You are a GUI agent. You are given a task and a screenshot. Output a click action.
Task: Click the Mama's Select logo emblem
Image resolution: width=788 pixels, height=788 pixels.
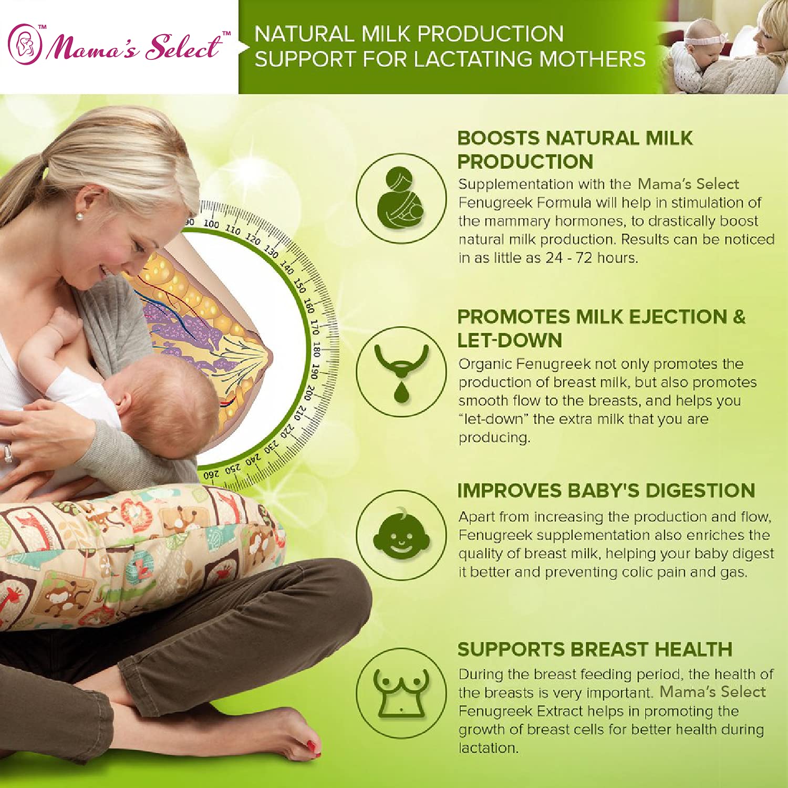point(25,44)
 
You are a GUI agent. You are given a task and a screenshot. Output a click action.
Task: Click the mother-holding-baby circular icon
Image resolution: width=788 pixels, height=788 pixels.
point(401,198)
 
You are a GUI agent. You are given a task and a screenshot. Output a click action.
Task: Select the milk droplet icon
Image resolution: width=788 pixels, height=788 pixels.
point(401,391)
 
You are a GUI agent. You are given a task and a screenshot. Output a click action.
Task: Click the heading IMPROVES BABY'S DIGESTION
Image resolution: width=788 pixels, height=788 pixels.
point(606,491)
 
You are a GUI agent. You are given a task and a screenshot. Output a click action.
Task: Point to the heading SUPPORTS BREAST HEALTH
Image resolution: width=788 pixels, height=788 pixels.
point(595,649)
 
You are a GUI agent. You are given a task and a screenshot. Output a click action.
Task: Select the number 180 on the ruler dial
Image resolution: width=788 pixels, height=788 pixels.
point(316,349)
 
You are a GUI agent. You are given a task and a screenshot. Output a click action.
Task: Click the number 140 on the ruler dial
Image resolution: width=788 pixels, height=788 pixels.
point(287,267)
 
